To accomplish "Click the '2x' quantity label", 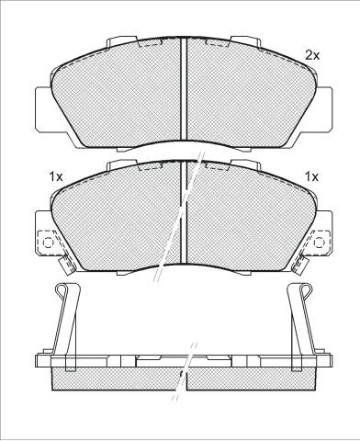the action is pos(312,55).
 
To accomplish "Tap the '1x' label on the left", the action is pos(56,176).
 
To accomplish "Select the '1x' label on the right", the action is pos(311,176).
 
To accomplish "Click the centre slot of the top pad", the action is pos(184,89).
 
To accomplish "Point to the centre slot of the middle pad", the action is pos(184,212).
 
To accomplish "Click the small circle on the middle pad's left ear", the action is pos(48,243).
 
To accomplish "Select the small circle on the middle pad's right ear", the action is pos(319,243).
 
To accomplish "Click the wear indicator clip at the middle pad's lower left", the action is pos(67,265).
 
